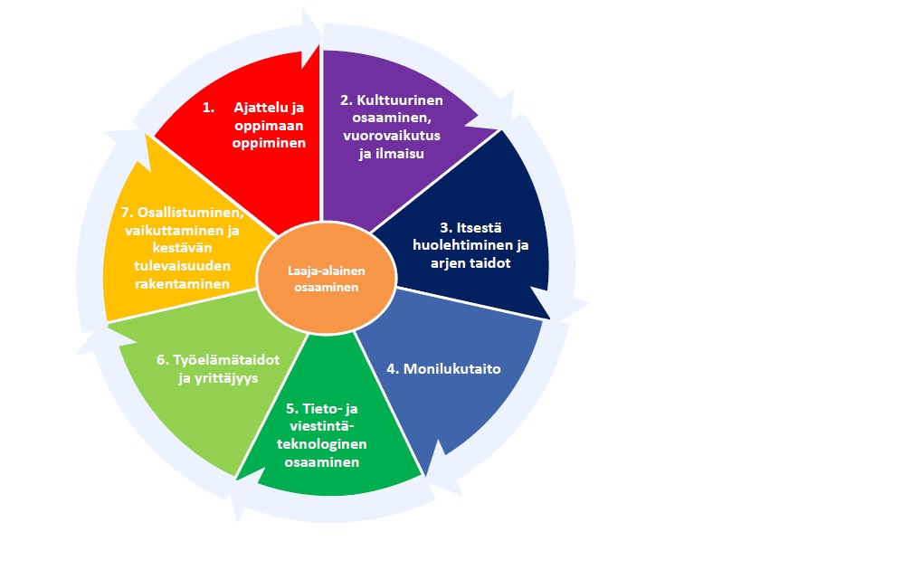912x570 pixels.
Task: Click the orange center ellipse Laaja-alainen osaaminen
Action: click(326, 279)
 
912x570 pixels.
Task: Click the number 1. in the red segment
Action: click(208, 107)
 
